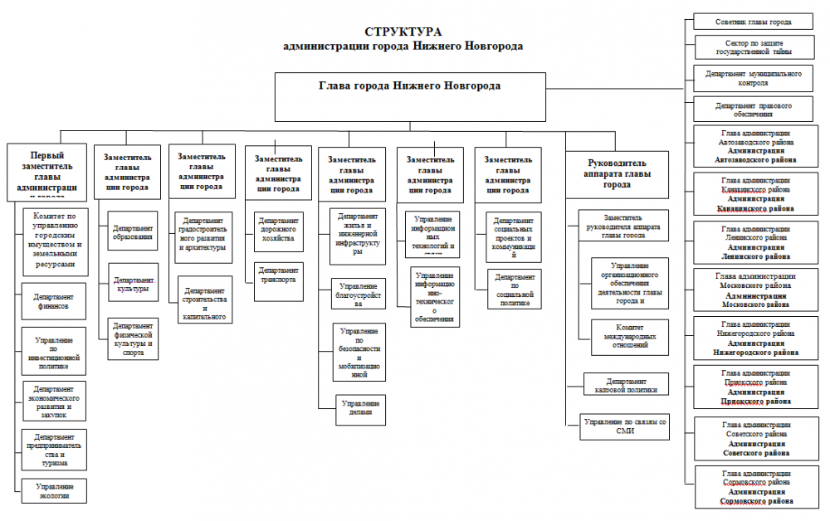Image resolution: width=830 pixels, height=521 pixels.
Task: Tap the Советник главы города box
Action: [752, 22]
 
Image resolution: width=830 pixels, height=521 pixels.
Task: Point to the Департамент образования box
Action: [133, 232]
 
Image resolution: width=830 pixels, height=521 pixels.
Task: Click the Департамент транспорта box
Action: [278, 275]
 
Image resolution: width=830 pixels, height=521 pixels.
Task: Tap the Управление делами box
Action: [360, 408]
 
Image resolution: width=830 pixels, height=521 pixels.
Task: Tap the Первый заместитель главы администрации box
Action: [48, 173]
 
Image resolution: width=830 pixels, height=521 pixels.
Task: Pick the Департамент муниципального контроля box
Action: [752, 78]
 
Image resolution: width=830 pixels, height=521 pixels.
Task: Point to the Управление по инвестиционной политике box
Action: [54, 351]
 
